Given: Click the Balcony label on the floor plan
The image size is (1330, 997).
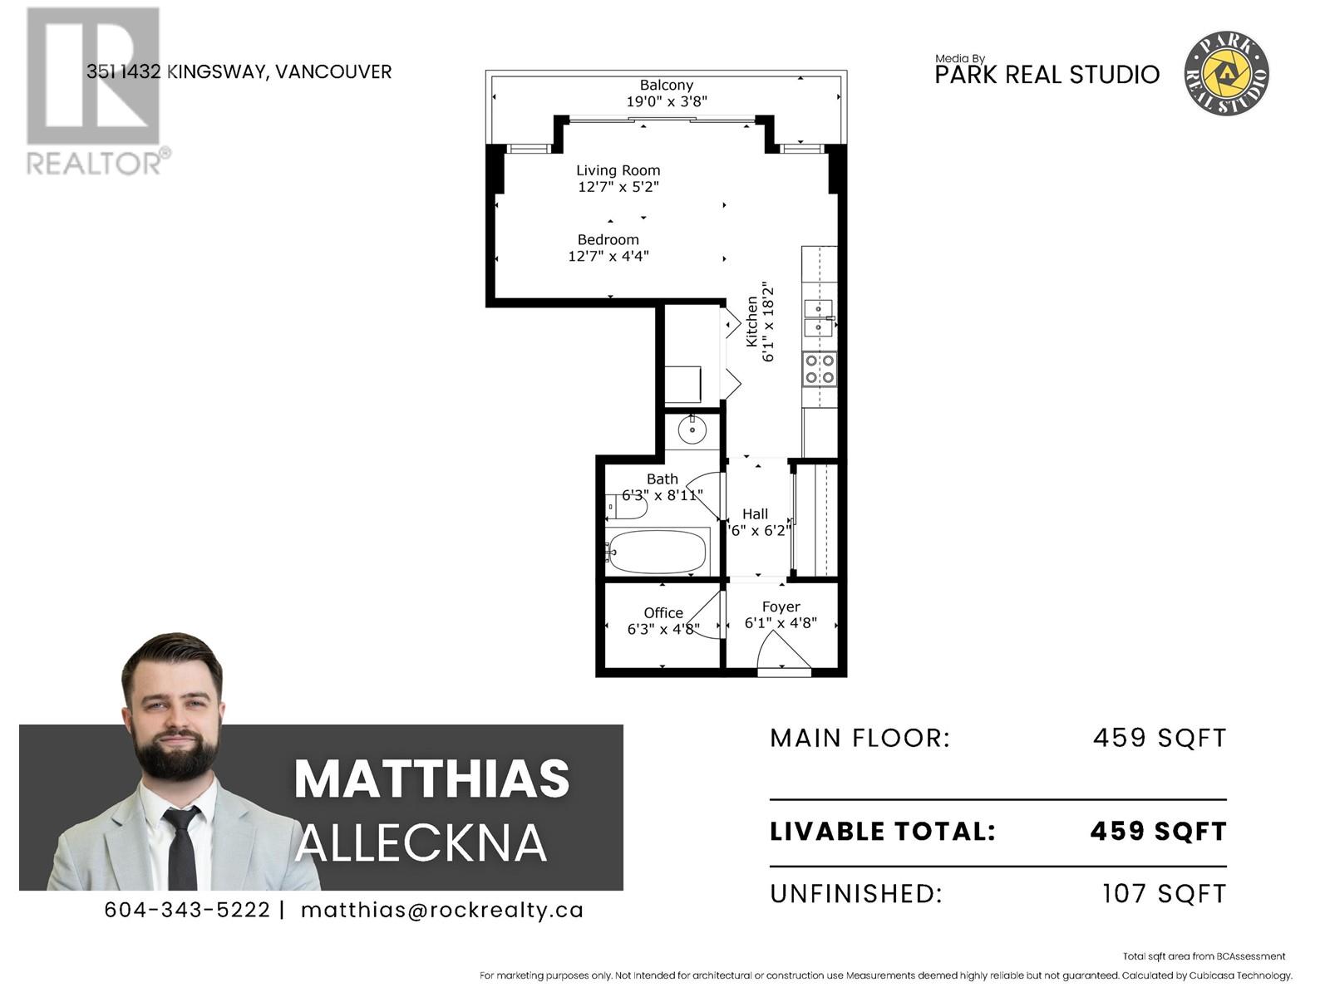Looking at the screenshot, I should point(666,85).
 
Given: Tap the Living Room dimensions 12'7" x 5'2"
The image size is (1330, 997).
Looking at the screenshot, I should point(618,187).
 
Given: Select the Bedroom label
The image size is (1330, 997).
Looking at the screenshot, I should point(608,239).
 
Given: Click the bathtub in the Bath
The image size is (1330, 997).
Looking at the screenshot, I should point(657,552).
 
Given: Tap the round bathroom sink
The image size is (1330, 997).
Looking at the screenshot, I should point(692,430).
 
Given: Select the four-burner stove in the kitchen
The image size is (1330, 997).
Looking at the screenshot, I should point(820,369).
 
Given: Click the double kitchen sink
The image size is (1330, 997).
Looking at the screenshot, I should point(819,318).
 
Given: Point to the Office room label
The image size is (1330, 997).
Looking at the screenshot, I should point(663,613).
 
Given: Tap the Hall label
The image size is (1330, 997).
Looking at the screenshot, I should point(755,514).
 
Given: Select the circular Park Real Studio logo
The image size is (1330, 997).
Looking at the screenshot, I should point(1226,73).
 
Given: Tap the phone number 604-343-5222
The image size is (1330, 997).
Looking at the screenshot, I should point(187,910).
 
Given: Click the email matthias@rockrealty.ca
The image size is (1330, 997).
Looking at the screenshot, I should point(441,910).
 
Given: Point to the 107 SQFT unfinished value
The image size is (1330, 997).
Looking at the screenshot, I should point(1164,893).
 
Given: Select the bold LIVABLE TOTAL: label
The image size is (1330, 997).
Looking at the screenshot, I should point(883,831).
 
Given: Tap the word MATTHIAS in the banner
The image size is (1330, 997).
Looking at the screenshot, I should point(431,778).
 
